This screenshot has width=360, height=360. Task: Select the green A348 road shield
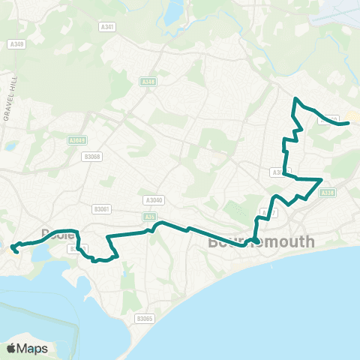click(148, 82)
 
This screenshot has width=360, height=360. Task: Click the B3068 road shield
click(91, 157)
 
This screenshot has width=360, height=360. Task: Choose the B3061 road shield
click(102, 209)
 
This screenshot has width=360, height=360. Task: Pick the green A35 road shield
click(151, 217)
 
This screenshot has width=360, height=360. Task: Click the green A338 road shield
click(327, 193)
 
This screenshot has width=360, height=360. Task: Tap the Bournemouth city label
click(261, 244)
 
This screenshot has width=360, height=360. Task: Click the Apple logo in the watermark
click(12, 348)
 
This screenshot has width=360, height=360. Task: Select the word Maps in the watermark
click(33, 348)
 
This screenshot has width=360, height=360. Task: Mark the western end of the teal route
click(11, 246)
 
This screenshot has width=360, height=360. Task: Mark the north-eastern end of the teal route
click(349, 123)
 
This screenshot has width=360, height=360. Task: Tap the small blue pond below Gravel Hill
click(10, 146)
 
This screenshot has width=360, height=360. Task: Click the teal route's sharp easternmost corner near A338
click(322, 180)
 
